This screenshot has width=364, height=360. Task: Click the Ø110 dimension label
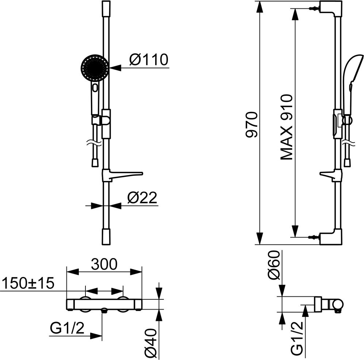point(148,59)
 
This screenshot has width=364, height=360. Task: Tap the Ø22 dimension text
point(142,198)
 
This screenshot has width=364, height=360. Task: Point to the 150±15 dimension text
point(27,283)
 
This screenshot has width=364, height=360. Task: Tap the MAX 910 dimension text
point(287,127)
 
